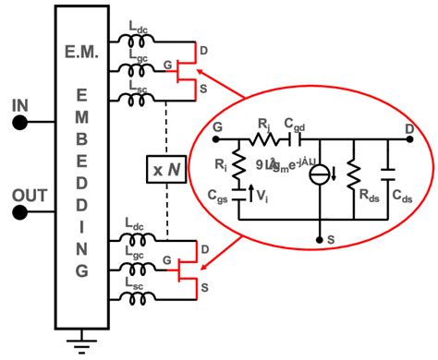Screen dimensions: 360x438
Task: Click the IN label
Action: click(x=18, y=106)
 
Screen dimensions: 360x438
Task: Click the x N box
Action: click(x=167, y=171)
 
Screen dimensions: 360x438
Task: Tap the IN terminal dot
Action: click(x=19, y=123)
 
